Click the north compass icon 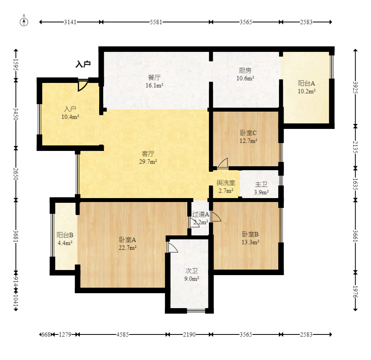point(24,22)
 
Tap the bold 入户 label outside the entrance point(83,64)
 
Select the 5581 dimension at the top point(156,22)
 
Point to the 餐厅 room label point(154,77)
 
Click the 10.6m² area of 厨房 point(245,78)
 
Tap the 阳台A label point(306,83)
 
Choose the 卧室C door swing point(223,163)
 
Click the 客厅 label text point(148,154)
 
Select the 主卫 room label point(261,184)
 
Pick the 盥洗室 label point(226,183)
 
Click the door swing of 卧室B point(216,217)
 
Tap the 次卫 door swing point(172,247)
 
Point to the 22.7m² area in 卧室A point(127,248)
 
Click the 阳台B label point(65,235)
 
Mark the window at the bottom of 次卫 point(196,310)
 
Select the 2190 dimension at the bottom point(189,334)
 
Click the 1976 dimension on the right point(355,292)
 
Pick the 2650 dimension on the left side point(16,174)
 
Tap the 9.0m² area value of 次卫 point(192,279)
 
